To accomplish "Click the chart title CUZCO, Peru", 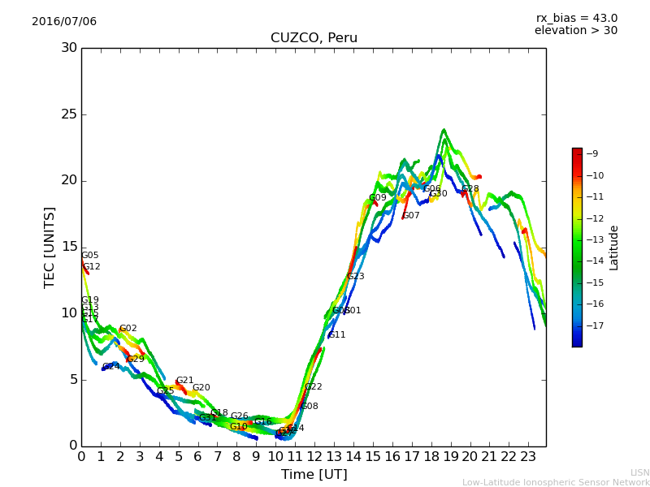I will coord(314,38).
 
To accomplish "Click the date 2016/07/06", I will coord(64,22).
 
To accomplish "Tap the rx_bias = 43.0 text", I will coord(576,19).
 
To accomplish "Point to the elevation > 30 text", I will coord(575,31).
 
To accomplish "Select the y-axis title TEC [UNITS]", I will coord(50,247).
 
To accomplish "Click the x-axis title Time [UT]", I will coord(314,474).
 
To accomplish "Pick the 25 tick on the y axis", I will coord(68,114).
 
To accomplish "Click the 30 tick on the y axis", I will coord(68,48).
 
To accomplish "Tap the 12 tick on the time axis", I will coord(314,456).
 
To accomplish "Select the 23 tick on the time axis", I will coord(528,456).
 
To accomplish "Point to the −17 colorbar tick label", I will coord(595,325).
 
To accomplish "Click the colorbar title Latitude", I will coord(614,248).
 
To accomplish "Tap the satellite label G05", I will coord(89,256).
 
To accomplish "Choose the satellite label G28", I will coord(470,189).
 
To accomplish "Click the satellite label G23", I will coord(356,277).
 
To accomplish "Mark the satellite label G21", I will coord(185,381).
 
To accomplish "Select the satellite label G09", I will coord(378,198).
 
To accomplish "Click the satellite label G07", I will coord(411,216).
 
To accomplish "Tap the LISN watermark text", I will coord(639,472).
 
